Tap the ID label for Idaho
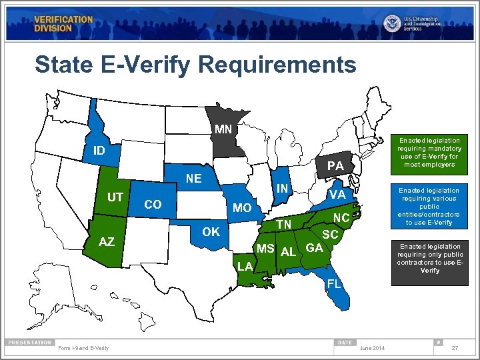pyautogui.click(x=99, y=151)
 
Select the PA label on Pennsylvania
pyautogui.click(x=335, y=165)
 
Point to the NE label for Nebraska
pyautogui.click(x=194, y=179)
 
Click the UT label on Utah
pyautogui.click(x=115, y=197)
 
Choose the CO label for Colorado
pyautogui.click(x=153, y=205)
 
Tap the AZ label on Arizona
pyautogui.click(x=107, y=242)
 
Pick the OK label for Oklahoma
pyautogui.click(x=211, y=232)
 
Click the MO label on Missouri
pyautogui.click(x=242, y=209)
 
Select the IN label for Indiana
pyautogui.click(x=283, y=189)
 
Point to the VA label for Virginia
pyautogui.click(x=337, y=195)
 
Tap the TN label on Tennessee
pyautogui.click(x=284, y=224)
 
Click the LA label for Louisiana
pyautogui.click(x=244, y=267)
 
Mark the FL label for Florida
pyautogui.click(x=334, y=284)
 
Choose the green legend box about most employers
pyautogui.click(x=429, y=153)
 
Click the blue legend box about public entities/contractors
pyautogui.click(x=429, y=207)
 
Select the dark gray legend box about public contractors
pyautogui.click(x=429, y=259)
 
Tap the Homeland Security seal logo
pyautogui.click(x=391, y=23)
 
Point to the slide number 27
pyautogui.click(x=455, y=348)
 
